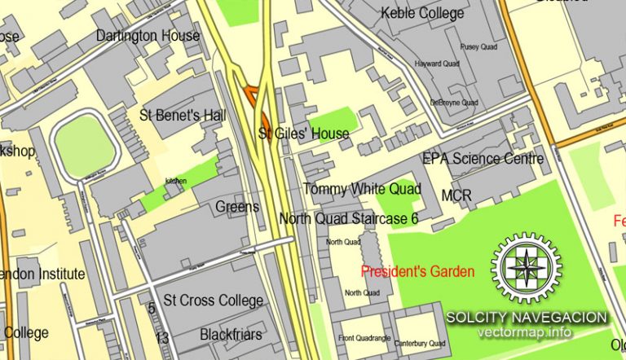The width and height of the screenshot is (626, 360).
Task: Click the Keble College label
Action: pyautogui.click(x=423, y=13)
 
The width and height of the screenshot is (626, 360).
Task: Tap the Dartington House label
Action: pyautogui.click(x=148, y=36)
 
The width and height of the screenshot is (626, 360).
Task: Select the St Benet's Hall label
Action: pyautogui.click(x=183, y=116)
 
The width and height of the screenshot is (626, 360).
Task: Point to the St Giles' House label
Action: pyautogui.click(x=304, y=134)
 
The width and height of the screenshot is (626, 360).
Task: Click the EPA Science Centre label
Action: pyautogui.click(x=483, y=159)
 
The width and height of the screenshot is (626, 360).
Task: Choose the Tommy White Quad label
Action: pyautogui.click(x=362, y=189)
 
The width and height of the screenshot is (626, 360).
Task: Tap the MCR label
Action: pyautogui.click(x=456, y=195)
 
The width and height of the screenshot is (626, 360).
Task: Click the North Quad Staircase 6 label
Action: pyautogui.click(x=348, y=218)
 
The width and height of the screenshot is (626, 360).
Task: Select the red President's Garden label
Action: pyautogui.click(x=418, y=271)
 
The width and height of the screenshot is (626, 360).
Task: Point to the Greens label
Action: pyautogui.click(x=237, y=207)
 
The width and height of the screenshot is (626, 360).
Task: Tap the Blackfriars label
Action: pyautogui.click(x=231, y=334)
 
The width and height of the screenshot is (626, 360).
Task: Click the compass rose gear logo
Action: pyautogui.click(x=526, y=268)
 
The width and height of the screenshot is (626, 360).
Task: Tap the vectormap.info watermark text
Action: pyautogui.click(x=526, y=332)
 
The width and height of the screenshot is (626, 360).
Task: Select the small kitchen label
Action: pyautogui.click(x=176, y=180)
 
